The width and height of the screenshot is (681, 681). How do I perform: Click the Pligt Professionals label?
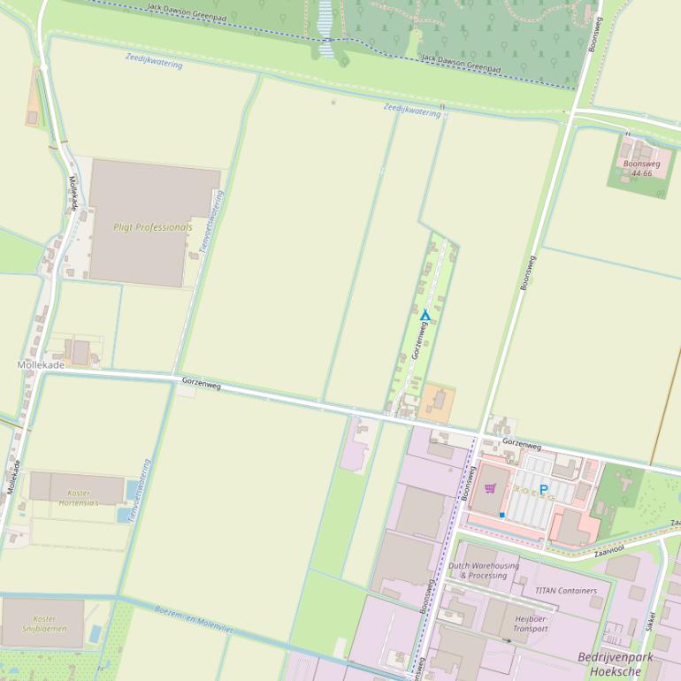[152, 227]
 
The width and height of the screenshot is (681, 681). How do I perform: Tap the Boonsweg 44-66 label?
[641, 168]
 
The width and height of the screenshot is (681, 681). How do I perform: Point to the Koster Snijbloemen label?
[44, 624]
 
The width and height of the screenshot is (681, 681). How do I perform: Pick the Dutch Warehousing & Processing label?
[483, 570]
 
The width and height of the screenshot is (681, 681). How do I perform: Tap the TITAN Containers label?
[565, 591]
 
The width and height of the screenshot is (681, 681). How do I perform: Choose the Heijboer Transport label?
[530, 624]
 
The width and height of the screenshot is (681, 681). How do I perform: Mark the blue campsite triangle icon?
[425, 315]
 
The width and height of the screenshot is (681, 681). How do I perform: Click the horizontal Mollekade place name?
[41, 364]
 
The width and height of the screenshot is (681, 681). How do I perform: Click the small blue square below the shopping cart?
[501, 514]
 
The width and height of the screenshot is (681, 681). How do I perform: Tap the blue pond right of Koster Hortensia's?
[133, 489]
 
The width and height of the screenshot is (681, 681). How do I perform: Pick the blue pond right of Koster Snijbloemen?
[96, 633]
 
